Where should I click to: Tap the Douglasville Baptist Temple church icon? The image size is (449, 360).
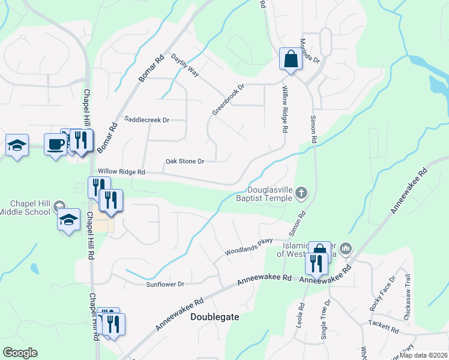pyautogui.click(x=301, y=193)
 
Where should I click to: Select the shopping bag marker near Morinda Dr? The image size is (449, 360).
pyautogui.click(x=291, y=59)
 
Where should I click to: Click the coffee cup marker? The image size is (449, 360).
pyautogui.click(x=56, y=145)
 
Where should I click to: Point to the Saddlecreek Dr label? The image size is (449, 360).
pyautogui.click(x=146, y=119)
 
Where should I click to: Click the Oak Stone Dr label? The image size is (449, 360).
pyautogui.click(x=185, y=161)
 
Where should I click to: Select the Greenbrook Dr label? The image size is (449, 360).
pyautogui.click(x=229, y=100)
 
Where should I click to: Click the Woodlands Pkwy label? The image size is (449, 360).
pyautogui.click(x=249, y=248)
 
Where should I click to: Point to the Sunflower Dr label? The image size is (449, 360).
pyautogui.click(x=165, y=284)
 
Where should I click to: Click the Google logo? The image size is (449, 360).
pyautogui.click(x=20, y=353)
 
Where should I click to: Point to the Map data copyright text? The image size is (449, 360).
pyautogui.click(x=424, y=355)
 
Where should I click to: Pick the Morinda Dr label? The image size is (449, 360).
pyautogui.click(x=310, y=52)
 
